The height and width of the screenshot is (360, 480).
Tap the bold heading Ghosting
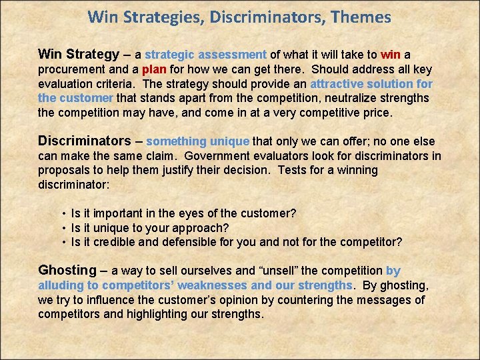pyautogui.click(x=67, y=270)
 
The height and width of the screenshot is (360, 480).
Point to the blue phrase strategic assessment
pyautogui.click(x=206, y=55)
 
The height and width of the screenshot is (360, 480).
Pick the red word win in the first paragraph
pyautogui.click(x=391, y=55)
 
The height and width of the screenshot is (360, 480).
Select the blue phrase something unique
pyautogui.click(x=197, y=141)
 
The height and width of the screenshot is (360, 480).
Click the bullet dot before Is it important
pyautogui.click(x=63, y=213)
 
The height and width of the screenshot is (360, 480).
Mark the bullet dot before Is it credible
pyautogui.click(x=63, y=243)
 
